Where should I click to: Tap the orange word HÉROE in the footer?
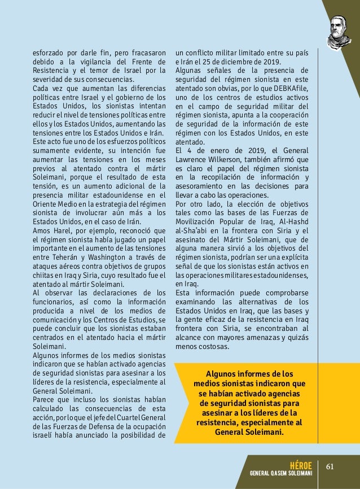[300, 464]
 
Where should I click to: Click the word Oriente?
[46, 204]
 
